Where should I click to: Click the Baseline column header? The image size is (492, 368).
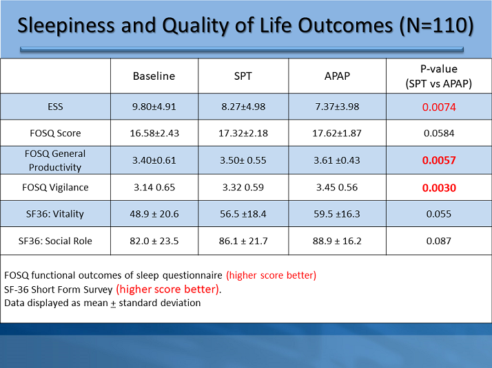pos(154,76)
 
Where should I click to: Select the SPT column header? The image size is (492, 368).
pos(243,76)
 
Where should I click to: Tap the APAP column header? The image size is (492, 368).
pos(337,76)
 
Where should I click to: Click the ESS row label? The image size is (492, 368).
pos(55,107)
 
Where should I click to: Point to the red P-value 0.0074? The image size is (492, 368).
pos(439,107)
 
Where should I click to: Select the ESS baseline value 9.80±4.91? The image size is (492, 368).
pos(154,107)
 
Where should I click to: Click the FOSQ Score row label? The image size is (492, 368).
pos(55,133)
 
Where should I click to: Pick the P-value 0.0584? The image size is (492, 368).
pos(439,133)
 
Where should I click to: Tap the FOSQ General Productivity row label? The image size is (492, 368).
pos(55,160)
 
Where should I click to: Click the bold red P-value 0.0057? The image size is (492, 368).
pos(439,160)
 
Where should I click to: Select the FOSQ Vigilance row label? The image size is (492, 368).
pos(55,187)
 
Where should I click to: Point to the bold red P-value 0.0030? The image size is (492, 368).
pos(439,187)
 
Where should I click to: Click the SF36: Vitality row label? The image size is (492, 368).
pos(55,214)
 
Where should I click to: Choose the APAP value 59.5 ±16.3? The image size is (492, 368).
pos(337,214)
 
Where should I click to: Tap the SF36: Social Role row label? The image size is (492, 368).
pos(55,241)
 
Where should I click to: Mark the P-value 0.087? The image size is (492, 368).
pos(439,241)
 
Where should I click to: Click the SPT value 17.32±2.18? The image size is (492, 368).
pos(243,133)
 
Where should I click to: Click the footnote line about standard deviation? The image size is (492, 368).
pos(102,303)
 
